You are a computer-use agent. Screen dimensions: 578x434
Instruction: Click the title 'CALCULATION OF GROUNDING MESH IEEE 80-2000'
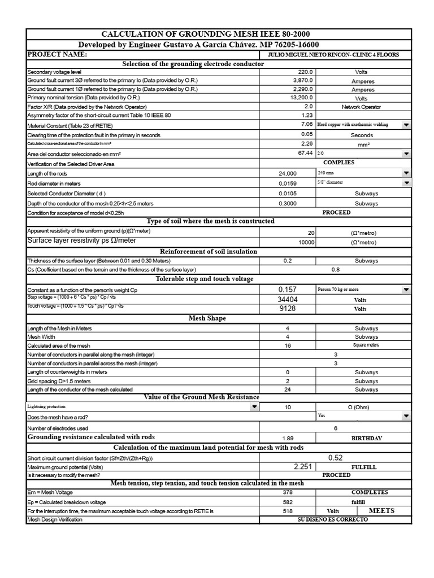click(205, 35)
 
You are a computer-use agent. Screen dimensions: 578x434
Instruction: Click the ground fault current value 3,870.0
click(303, 81)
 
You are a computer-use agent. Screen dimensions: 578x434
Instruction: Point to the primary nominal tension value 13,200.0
click(302, 98)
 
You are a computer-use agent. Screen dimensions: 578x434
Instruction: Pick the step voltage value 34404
click(288, 299)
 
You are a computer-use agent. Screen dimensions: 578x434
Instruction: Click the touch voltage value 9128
click(288, 309)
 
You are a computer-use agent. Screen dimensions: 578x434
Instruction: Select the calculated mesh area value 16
click(288, 345)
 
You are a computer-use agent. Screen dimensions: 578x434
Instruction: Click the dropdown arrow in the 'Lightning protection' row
click(254, 407)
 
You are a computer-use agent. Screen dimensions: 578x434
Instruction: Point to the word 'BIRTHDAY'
click(366, 438)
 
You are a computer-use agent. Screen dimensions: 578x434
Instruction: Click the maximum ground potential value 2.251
click(303, 467)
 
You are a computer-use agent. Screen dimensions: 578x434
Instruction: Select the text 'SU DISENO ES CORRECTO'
click(332, 519)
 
